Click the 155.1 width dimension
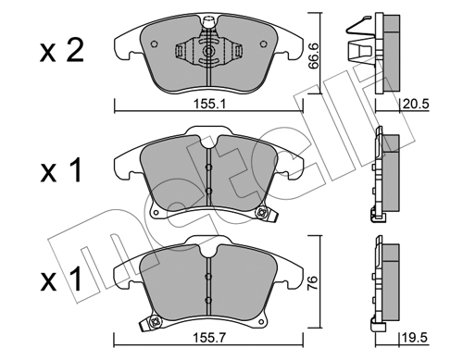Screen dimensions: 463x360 point(209,104)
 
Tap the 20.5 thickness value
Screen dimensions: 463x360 point(416,105)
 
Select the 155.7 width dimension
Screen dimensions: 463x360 point(209,338)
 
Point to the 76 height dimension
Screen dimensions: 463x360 point(313,283)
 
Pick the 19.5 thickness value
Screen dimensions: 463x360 point(415,338)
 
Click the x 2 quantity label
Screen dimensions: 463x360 point(62,51)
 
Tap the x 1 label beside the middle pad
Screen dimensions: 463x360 point(61,170)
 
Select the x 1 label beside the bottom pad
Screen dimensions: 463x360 point(61,279)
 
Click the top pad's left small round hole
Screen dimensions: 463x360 point(154,44)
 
